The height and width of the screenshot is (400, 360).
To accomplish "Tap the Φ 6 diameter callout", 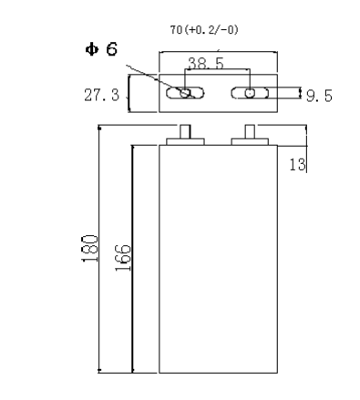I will tap(103, 48).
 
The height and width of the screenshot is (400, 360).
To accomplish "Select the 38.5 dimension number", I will tap(206, 65).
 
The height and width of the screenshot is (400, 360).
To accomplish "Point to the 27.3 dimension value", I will tap(102, 93).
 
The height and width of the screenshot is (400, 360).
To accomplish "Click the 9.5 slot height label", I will tap(319, 94).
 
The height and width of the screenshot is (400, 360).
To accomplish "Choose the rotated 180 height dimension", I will tap(85, 249).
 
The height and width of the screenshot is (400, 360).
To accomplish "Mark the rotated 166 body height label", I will tap(123, 259).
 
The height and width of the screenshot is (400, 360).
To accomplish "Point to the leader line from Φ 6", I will tap(155, 75).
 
